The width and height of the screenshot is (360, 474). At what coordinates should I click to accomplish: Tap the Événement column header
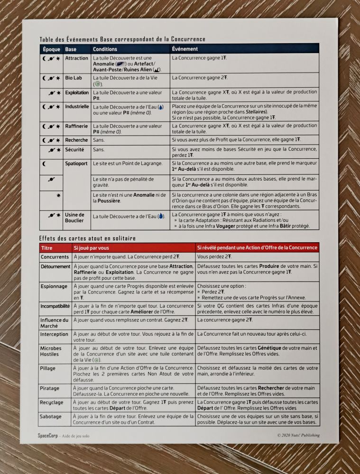185,49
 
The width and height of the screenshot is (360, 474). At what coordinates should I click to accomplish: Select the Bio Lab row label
74,77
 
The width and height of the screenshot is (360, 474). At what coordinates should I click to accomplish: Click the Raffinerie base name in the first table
76,127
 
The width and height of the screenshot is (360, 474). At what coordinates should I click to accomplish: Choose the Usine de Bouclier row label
75,218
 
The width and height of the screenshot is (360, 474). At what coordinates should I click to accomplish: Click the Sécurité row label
74,150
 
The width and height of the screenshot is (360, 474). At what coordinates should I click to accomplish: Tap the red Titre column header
47,248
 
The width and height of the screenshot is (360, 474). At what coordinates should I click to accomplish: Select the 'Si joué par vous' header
91,248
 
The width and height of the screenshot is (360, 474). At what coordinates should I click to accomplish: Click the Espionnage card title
54,287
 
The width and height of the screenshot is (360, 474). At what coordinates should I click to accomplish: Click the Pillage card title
48,368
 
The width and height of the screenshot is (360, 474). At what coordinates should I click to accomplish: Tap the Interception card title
55,334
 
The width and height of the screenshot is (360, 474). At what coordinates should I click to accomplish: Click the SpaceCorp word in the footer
47,435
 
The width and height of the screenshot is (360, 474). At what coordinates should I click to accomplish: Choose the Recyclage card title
53,402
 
